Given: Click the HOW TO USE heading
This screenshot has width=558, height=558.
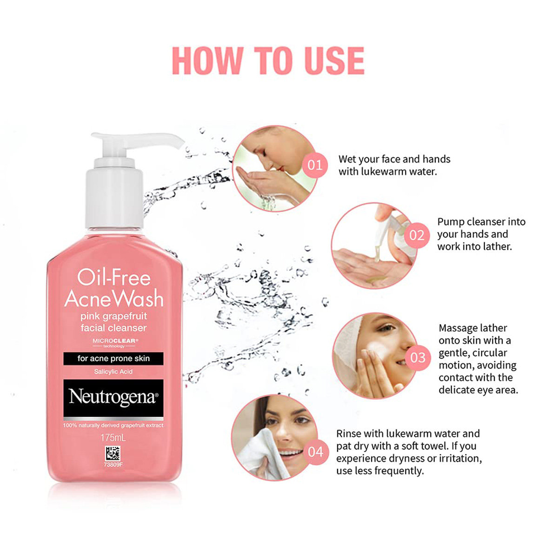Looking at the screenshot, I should [268, 60].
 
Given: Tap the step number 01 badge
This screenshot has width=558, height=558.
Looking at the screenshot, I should [315, 165].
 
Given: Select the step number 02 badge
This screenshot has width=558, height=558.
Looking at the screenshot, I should [417, 235].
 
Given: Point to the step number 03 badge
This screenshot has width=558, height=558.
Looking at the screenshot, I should [418, 358].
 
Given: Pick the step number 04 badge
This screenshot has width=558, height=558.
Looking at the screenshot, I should [315, 451].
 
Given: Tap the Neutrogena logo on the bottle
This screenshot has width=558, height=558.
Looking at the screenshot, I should [113, 398].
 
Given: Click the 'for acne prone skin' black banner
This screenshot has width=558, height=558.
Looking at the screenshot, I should [113, 359].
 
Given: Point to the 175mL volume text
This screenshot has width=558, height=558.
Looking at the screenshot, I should [113, 438].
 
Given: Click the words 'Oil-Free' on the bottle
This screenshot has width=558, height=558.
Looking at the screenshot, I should [114, 278].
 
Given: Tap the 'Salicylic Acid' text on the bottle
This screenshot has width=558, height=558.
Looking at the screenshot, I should [113, 372].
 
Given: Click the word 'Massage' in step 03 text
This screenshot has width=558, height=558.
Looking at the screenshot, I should [458, 328].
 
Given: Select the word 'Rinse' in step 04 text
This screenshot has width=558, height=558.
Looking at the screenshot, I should [348, 434].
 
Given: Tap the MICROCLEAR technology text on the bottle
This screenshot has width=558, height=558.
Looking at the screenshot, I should [114, 342].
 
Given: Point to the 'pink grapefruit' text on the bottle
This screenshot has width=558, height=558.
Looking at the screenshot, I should [113, 316].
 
